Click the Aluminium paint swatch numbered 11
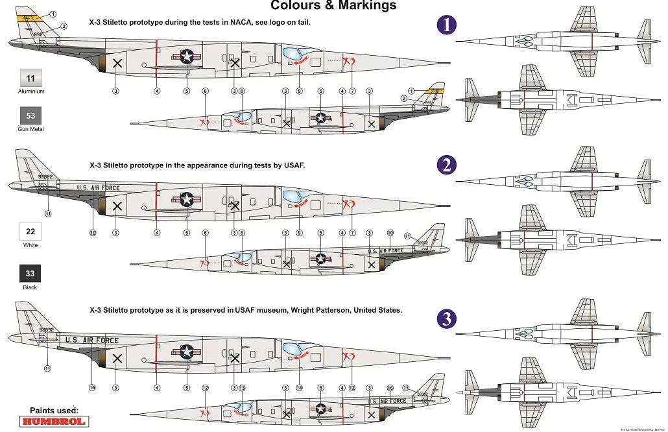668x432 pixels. (x=30, y=78)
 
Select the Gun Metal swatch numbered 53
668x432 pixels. (x=30, y=116)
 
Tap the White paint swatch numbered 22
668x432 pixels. (x=30, y=231)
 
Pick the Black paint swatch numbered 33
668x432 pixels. (x=30, y=273)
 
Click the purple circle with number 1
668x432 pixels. (x=447, y=25)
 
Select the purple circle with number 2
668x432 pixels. (x=447, y=165)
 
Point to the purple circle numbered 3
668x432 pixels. (x=447, y=318)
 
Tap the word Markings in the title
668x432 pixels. (x=366, y=6)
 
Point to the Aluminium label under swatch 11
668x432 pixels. (x=30, y=91)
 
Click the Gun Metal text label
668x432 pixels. (x=30, y=130)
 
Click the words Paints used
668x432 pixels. (x=54, y=411)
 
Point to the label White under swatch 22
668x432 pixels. (x=30, y=245)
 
